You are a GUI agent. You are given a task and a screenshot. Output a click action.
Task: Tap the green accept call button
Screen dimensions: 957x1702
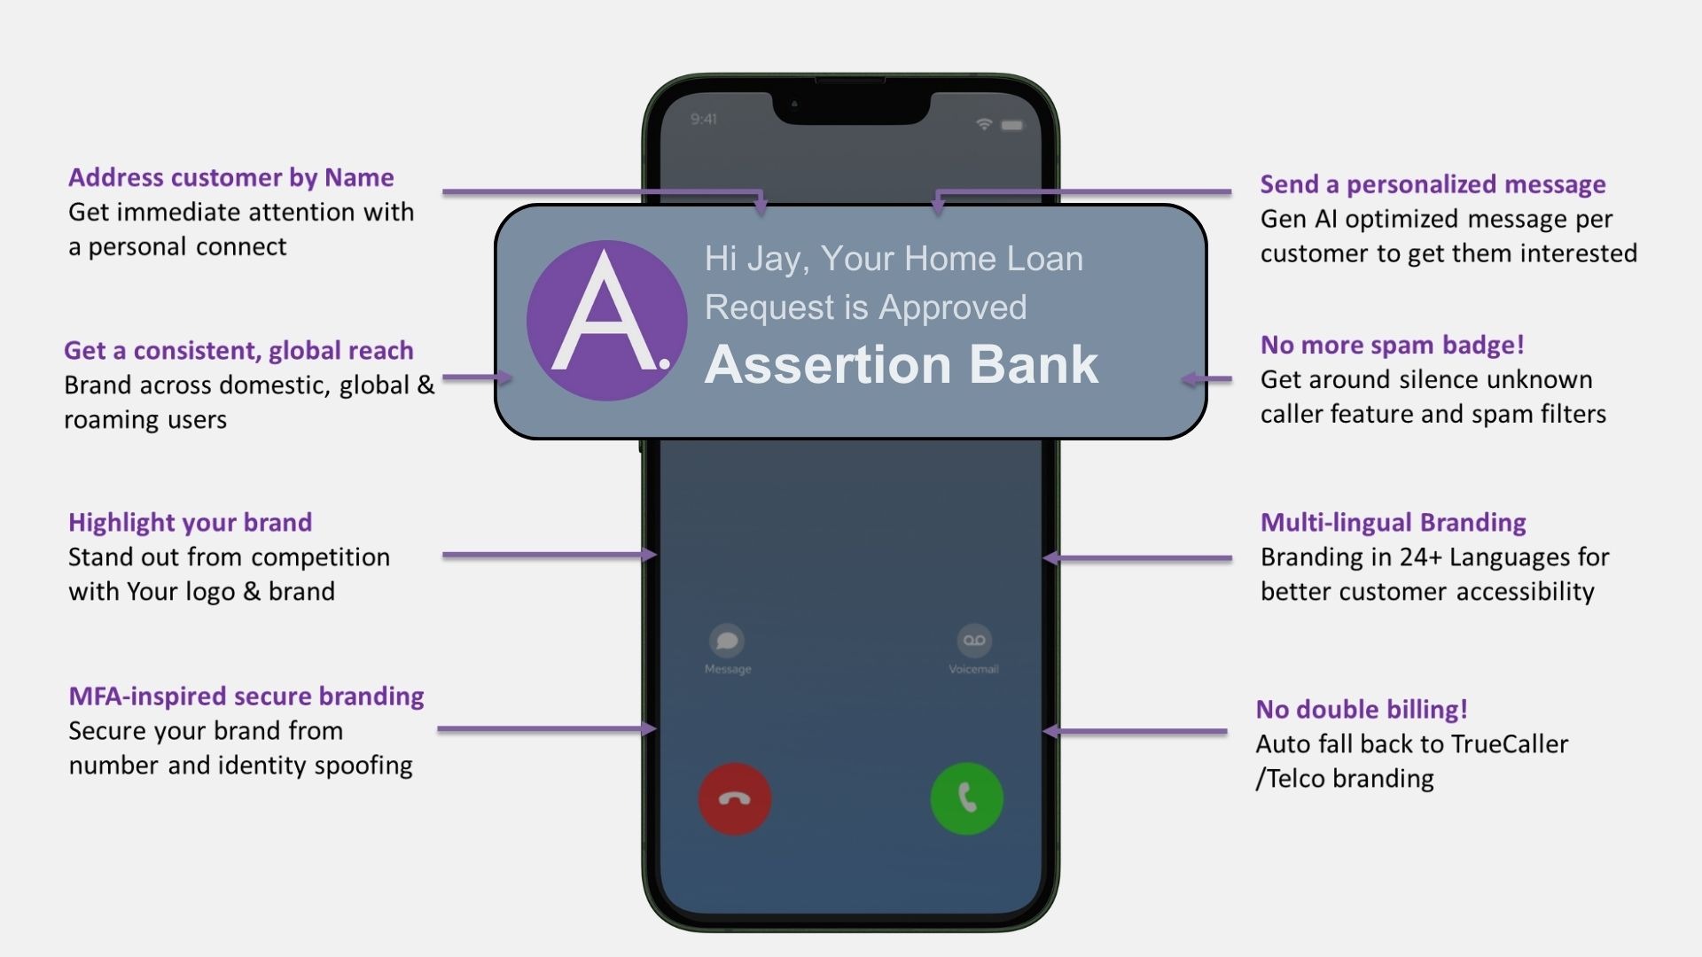(x=966, y=798)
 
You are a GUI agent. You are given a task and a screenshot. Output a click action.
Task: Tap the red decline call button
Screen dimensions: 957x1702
(x=735, y=798)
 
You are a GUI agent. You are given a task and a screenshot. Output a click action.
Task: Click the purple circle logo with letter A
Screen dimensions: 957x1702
(x=606, y=320)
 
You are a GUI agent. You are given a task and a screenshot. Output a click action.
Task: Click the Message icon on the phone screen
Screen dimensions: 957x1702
(x=727, y=641)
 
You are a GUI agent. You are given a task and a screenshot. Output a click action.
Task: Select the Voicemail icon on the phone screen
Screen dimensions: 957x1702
(x=973, y=641)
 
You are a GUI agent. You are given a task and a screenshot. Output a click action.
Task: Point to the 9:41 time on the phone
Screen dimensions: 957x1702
(x=704, y=119)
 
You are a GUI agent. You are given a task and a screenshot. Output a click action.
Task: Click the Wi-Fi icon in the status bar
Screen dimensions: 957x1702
(x=983, y=124)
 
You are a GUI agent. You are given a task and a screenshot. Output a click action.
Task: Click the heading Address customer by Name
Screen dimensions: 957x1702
(x=231, y=177)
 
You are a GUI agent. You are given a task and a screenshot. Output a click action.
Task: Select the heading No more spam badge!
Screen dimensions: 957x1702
(x=1392, y=345)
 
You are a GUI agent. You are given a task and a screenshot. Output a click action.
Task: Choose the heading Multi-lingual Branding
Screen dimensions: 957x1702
(x=1393, y=522)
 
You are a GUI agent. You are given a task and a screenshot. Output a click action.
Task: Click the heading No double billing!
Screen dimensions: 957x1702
(x=1362, y=709)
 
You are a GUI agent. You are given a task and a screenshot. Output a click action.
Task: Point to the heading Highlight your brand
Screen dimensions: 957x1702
(x=191, y=522)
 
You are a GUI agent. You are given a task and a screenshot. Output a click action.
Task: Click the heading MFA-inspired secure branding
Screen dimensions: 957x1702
(x=246, y=696)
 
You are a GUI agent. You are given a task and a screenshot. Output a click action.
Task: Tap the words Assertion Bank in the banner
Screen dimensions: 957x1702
(x=902, y=364)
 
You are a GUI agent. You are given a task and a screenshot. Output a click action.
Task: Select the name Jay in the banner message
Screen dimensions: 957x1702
(x=776, y=259)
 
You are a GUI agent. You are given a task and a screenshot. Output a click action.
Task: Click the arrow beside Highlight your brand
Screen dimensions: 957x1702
(x=549, y=555)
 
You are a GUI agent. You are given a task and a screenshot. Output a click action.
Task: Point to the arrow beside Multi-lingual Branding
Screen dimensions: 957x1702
(x=1138, y=558)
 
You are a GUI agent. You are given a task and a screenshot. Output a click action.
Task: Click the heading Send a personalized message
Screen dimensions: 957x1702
(x=1433, y=183)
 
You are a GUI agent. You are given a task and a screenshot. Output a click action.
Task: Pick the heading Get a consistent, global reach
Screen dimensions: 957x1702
(x=238, y=350)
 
